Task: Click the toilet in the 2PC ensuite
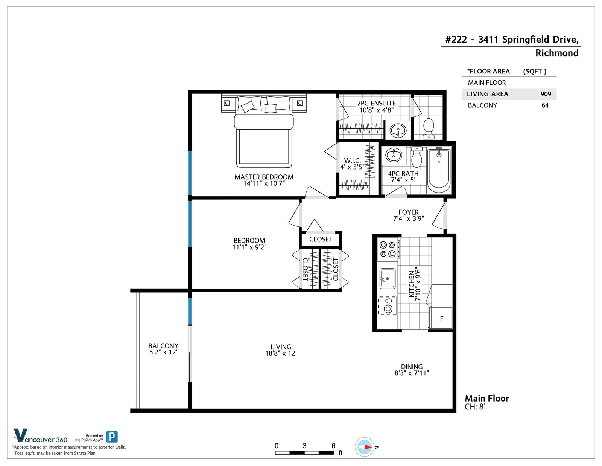pos(429,128)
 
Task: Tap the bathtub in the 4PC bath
pos(439,170)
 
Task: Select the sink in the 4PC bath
pos(394,155)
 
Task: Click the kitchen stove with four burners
pos(388,249)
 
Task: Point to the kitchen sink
pos(387,278)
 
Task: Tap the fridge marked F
pos(441,318)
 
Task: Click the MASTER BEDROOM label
pos(264,177)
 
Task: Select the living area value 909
pos(546,94)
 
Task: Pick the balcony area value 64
pos(545,105)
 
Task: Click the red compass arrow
pos(367,447)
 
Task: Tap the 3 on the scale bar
pos(304,446)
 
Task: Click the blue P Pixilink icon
pos(112,437)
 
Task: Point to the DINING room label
pos(412,367)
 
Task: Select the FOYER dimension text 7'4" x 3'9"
pos(408,218)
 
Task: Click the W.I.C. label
pos(353,160)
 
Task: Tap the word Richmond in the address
pos(557,53)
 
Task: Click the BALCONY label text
pos(163,346)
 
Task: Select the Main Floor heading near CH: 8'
pos(487,398)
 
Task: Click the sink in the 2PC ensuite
pos(398,130)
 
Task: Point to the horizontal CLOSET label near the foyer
pos(321,239)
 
